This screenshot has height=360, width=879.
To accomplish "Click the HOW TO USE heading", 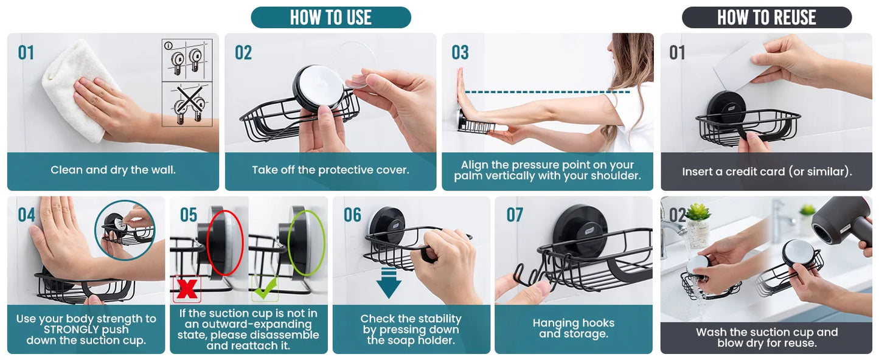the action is [x=331, y=18].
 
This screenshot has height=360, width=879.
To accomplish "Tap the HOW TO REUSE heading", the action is [x=767, y=18].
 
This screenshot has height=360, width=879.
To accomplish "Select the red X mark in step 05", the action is [x=187, y=289].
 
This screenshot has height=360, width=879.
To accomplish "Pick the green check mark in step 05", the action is [x=265, y=289].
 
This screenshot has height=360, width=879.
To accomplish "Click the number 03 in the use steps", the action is [x=460, y=52].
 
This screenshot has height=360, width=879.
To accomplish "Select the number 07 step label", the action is [x=515, y=215].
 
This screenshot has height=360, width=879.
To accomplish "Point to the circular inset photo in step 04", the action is [x=125, y=230].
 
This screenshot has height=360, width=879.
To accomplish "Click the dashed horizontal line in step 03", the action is [x=547, y=92].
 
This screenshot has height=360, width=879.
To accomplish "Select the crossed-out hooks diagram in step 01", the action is [x=187, y=105].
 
